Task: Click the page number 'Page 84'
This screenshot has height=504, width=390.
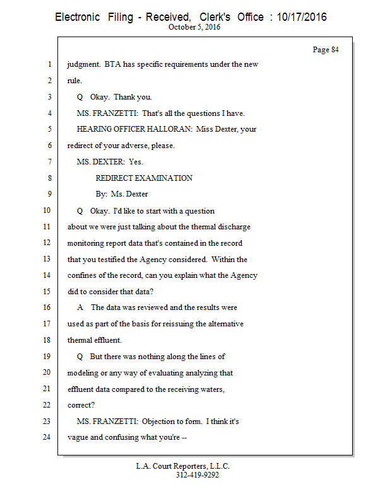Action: [x=326, y=50]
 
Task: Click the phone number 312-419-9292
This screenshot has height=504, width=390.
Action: [x=197, y=475]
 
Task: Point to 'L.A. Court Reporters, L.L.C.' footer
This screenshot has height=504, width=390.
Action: [x=183, y=466]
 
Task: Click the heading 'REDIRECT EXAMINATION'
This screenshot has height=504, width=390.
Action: [x=144, y=178]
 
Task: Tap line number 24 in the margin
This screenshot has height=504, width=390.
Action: [x=47, y=437]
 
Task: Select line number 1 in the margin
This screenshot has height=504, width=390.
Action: [x=49, y=65]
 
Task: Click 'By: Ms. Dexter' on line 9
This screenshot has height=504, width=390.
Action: [x=122, y=194]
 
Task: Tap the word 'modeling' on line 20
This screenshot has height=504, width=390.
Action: [x=83, y=373]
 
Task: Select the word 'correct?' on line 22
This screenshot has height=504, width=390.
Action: [x=80, y=405]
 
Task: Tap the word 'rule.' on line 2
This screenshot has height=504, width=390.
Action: [x=76, y=81]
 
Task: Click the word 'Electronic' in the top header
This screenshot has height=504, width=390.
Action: [x=78, y=17]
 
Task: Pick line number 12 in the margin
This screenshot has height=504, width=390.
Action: [x=47, y=243]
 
